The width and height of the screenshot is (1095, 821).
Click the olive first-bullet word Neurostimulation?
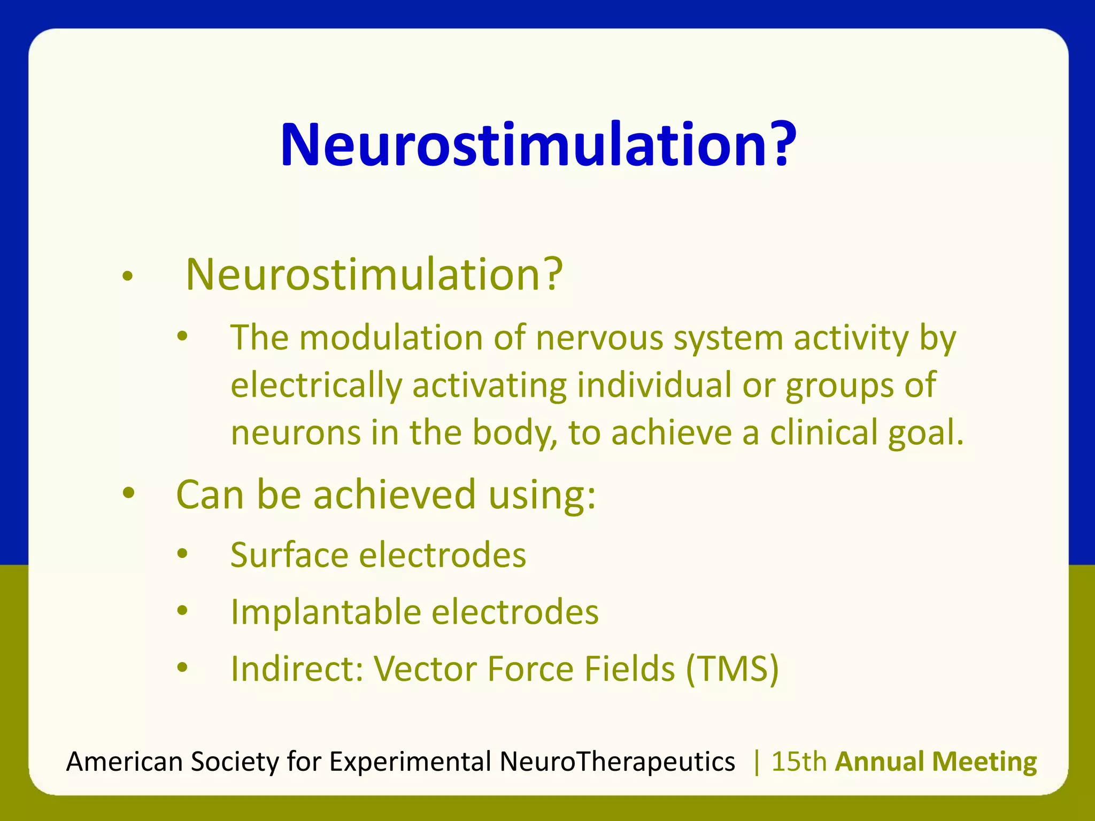374,274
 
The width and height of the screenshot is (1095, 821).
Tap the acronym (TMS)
732,669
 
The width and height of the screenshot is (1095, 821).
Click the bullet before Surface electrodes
182,554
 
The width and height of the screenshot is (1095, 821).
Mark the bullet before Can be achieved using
128,493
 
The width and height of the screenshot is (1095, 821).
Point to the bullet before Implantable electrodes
182,610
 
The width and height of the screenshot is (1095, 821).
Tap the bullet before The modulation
182,337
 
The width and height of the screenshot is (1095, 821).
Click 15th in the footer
799,761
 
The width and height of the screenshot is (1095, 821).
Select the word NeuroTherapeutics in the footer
617,761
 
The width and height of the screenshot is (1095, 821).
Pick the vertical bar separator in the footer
756,761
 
